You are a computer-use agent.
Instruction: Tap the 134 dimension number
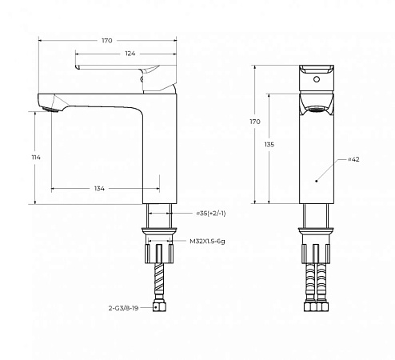tap(99, 189)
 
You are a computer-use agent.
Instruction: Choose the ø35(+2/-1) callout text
tap(211, 214)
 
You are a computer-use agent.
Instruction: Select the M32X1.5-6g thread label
tap(213, 240)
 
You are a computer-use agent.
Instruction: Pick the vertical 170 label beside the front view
tap(254, 122)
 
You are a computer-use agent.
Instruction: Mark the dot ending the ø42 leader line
tap(317, 181)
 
